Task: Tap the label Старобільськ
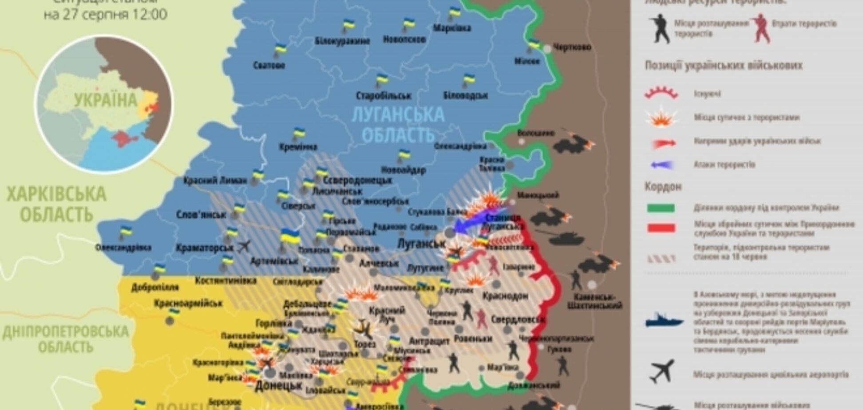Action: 384,96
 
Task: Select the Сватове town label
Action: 269,65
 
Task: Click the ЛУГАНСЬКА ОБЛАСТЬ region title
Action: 398,124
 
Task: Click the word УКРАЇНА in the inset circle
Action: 106,100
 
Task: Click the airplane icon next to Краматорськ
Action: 244,246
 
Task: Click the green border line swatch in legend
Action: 661,208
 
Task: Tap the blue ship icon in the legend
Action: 663,320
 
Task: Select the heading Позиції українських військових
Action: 723,66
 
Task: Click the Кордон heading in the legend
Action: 657,186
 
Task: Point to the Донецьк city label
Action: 278,386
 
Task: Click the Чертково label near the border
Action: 572,47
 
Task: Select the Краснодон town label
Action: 505,296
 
